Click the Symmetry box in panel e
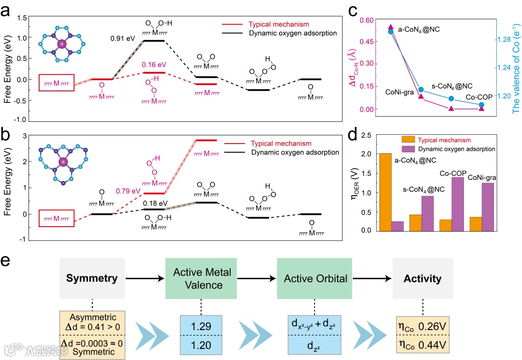92,279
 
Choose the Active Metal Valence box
202,279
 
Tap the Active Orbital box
315,279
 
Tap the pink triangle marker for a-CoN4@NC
391,27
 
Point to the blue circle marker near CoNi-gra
420,90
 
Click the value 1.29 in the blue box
201,327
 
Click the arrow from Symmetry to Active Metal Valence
145,279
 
